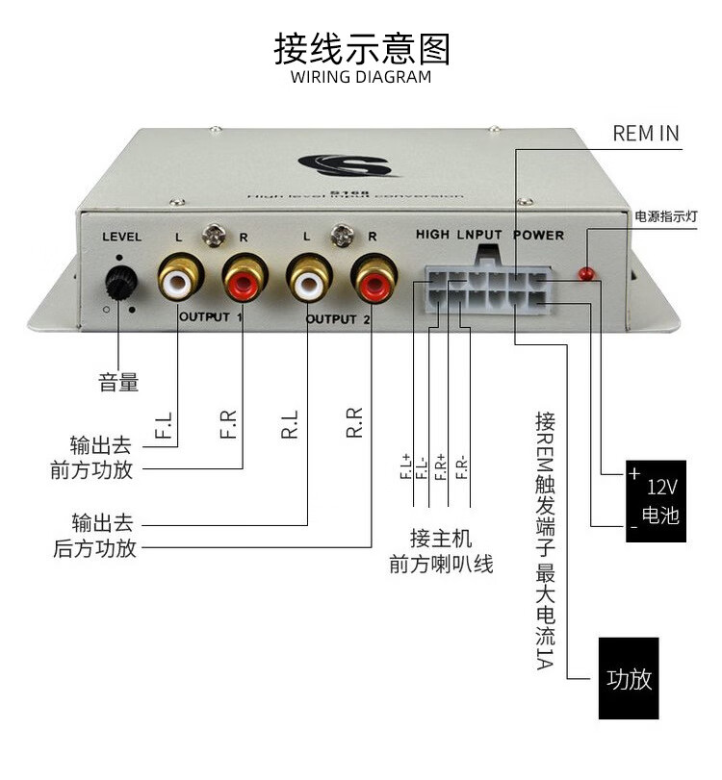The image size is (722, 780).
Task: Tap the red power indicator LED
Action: click(x=584, y=275)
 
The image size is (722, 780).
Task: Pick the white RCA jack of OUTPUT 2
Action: click(x=308, y=279)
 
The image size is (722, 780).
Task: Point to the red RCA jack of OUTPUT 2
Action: click(x=374, y=279)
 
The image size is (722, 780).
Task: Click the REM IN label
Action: click(x=645, y=133)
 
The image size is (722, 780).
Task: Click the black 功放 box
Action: click(x=629, y=679)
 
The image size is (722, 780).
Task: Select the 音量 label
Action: click(x=118, y=382)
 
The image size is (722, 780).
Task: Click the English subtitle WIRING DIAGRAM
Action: click(x=361, y=77)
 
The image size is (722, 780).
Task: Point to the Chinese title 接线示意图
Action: click(x=361, y=46)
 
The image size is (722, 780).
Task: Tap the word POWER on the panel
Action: click(x=538, y=235)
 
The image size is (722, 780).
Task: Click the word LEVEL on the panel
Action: click(x=121, y=237)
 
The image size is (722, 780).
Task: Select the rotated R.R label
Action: click(x=355, y=424)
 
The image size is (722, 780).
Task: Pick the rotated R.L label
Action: click(x=290, y=424)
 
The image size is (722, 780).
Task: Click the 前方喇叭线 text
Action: click(x=441, y=565)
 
